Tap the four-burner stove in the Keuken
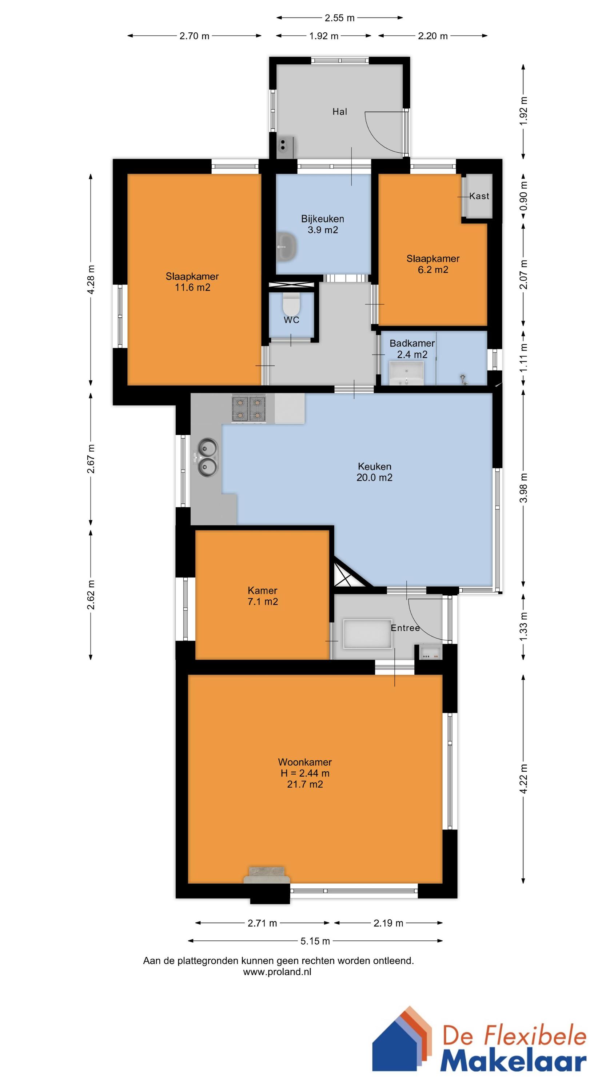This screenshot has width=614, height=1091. point(249,408)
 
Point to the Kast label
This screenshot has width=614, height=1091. point(479,196)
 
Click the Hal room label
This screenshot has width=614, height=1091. point(339,112)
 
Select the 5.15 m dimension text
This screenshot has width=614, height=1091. point(315,941)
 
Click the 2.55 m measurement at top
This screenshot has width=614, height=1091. point(339,18)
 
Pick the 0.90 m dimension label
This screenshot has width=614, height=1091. point(524,196)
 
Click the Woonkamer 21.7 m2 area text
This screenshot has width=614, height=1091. point(305,784)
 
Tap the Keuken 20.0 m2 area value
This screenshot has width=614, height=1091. point(375,478)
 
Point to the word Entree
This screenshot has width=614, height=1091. point(405,628)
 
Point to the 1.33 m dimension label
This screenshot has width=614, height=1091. point(524,627)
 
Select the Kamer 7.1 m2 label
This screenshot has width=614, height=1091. point(263,596)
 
